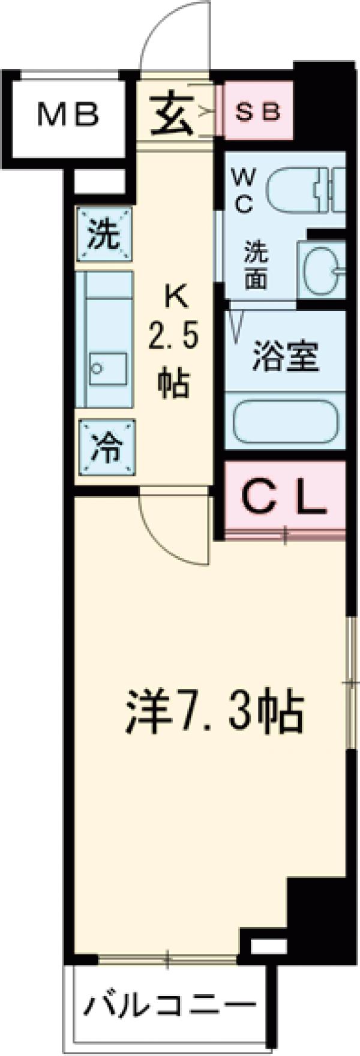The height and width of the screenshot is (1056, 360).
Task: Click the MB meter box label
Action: click(67, 115)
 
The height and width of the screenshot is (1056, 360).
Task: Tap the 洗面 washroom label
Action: click(256, 266)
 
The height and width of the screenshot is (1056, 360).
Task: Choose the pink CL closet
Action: click(284, 497)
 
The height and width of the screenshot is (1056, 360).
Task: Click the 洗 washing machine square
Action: click(104, 234)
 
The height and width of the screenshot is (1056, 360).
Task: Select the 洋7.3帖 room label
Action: click(213, 712)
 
